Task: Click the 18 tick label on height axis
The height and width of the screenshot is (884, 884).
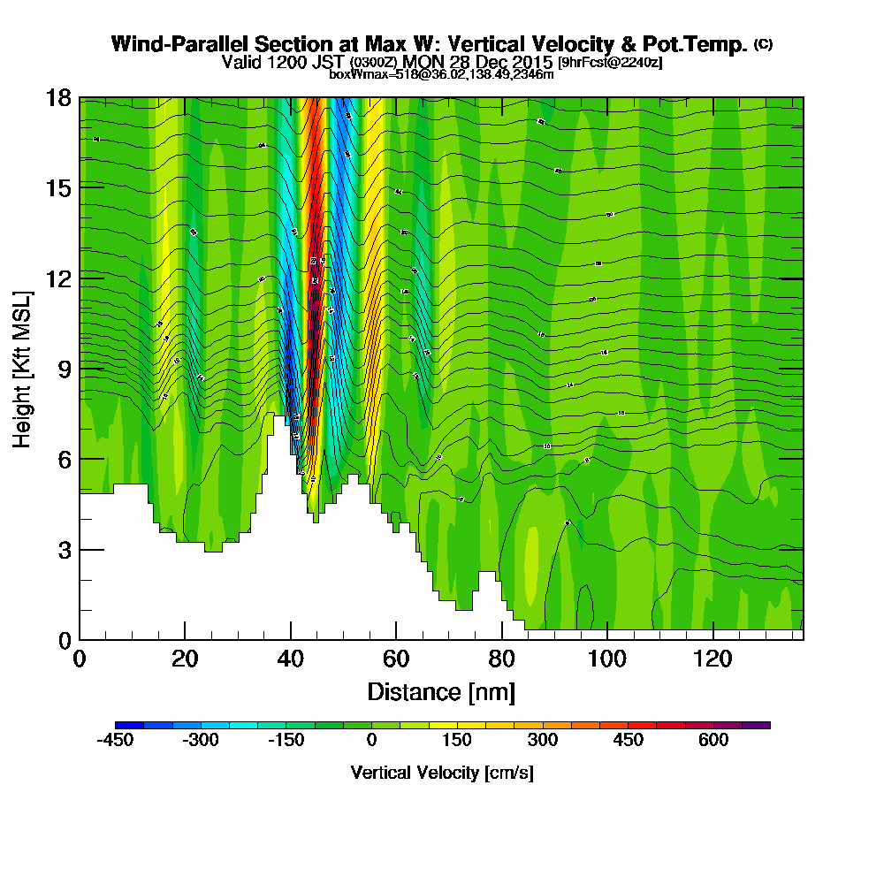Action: [58, 97]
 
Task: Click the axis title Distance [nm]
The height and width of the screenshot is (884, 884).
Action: [441, 691]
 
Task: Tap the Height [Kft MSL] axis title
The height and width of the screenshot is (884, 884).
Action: [22, 368]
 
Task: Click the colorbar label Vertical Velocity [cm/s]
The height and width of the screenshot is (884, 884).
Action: [441, 773]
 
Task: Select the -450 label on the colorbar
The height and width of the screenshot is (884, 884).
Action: [116, 741]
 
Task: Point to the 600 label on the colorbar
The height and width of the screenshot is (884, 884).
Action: [713, 741]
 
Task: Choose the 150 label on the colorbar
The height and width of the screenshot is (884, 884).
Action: [457, 741]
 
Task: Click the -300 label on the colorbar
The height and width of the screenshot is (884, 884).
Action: [201, 741]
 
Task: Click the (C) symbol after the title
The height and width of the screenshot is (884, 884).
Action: [763, 44]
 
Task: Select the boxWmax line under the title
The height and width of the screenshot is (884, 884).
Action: [441, 74]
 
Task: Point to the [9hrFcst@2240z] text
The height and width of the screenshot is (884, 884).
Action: [610, 63]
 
